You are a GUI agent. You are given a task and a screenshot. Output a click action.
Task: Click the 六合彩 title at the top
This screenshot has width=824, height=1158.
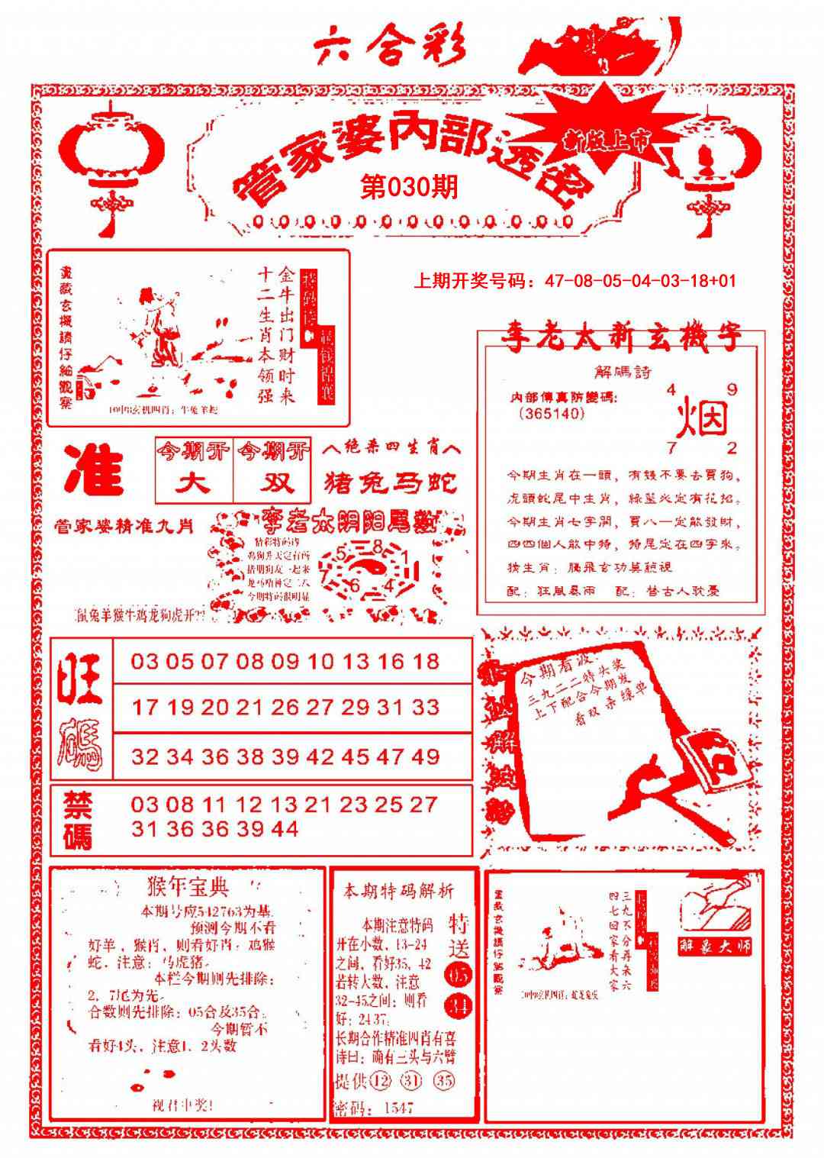click(389, 48)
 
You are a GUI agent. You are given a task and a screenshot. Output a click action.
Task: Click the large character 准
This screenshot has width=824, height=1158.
click(94, 469)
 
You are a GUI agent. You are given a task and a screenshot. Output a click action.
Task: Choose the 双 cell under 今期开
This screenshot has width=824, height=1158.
click(272, 482)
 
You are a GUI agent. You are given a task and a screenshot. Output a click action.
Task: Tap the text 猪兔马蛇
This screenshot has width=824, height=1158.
click(391, 482)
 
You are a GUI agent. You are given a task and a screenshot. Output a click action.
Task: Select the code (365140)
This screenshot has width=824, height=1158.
click(551, 414)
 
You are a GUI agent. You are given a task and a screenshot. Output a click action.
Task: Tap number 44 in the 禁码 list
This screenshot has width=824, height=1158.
click(284, 829)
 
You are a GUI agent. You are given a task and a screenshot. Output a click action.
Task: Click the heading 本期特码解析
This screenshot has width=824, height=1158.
click(398, 891)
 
